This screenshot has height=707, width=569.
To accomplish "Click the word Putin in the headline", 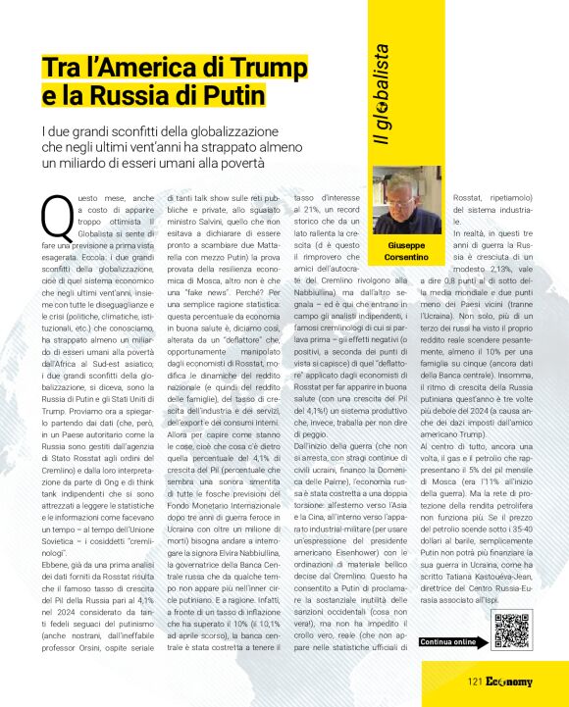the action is (x=231, y=96).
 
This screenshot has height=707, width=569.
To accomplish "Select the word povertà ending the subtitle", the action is (x=242, y=162).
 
